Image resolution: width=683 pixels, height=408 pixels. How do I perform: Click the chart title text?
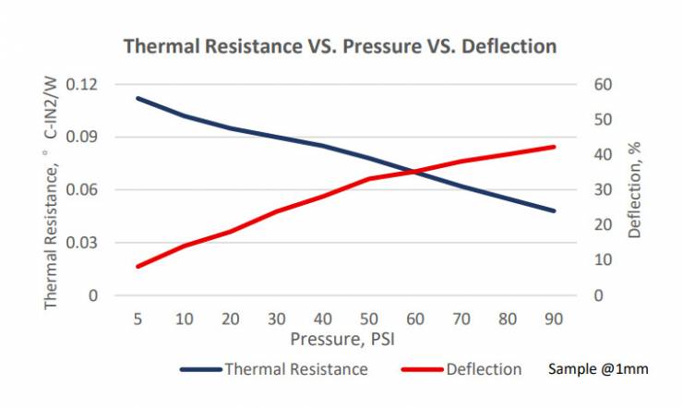[x=341, y=45]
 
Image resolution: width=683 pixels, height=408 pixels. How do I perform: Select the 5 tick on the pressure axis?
[x=138, y=318]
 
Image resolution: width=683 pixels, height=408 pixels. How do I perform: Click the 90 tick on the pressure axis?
[x=554, y=318]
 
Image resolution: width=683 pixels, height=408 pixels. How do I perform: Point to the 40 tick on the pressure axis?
[x=323, y=318]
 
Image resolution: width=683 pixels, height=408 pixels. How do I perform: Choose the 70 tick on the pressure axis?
[x=461, y=318]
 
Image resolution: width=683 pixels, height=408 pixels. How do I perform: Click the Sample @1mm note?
[x=597, y=369]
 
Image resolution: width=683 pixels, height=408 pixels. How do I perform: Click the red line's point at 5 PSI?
[x=138, y=267]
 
